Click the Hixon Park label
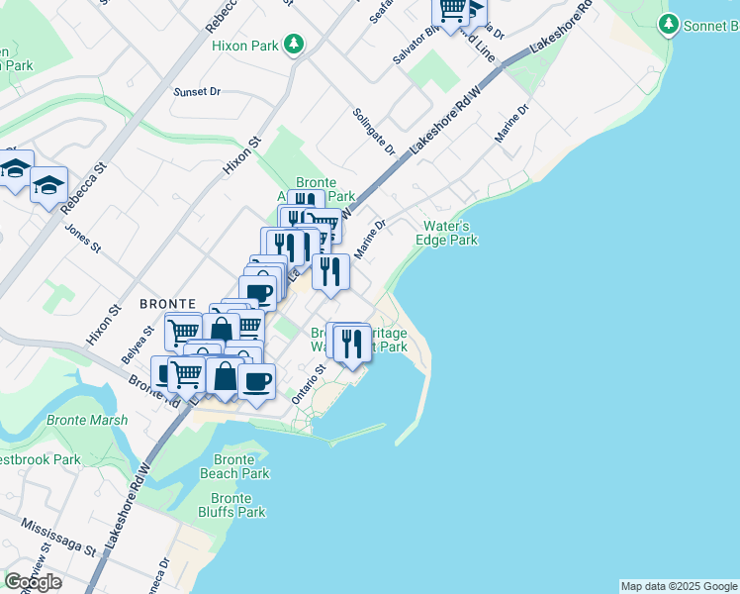243,45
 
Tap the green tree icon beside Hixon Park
293,44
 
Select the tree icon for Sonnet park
670,23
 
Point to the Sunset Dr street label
197,91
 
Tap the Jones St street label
82,237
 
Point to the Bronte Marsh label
87,420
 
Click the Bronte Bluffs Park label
237,505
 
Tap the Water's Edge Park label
450,233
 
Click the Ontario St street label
308,382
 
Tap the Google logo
33,582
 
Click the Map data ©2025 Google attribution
679,586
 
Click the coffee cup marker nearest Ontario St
257,380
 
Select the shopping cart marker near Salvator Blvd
452,11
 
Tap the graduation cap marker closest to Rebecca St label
48,185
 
